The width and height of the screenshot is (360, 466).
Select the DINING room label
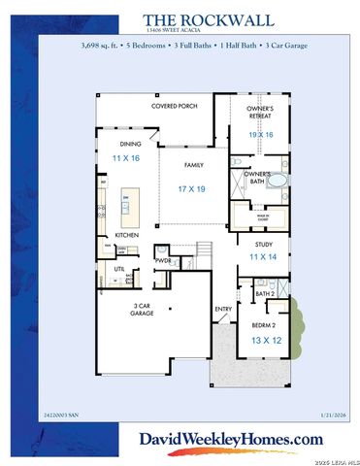pyautogui.click(x=130, y=144)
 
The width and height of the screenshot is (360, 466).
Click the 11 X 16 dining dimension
pyautogui.click(x=126, y=156)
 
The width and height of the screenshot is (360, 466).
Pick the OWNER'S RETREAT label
pyautogui.click(x=259, y=112)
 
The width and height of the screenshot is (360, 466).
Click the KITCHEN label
pyautogui.click(x=128, y=235)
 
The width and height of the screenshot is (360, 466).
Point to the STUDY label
pyautogui.click(x=264, y=245)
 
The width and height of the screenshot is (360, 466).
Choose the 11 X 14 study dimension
pyautogui.click(x=264, y=257)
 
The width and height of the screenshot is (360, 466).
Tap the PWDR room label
pyautogui.click(x=164, y=260)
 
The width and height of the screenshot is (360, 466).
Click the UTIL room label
pyautogui.click(x=120, y=268)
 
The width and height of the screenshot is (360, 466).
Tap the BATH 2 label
pyautogui.click(x=265, y=292)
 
